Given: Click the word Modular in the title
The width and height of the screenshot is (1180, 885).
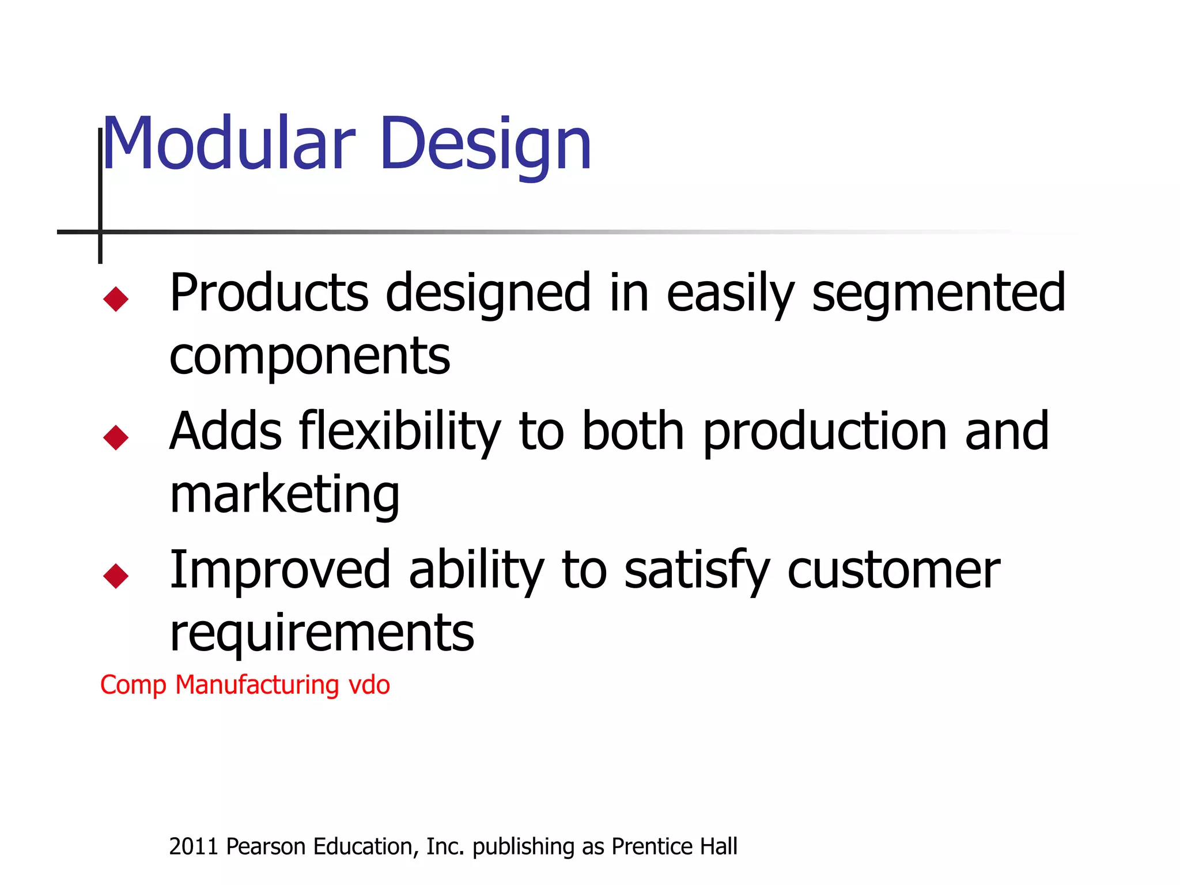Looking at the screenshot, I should (x=228, y=144).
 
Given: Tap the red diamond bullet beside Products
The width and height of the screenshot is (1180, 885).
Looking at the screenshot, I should (x=116, y=299).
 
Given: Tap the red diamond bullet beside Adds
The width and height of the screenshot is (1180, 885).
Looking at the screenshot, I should (x=116, y=437).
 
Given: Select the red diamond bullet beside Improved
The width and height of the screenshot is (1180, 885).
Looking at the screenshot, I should (x=116, y=576).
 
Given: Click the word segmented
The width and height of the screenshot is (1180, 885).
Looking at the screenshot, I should (x=939, y=294).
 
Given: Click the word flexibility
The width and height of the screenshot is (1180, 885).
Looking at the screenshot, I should (x=400, y=432).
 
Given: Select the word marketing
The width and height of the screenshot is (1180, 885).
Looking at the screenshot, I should (x=285, y=496).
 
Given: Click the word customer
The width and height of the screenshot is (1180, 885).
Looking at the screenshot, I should (x=894, y=570).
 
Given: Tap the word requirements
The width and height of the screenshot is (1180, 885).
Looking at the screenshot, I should (x=322, y=634).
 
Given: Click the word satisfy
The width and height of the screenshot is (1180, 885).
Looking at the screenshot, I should (x=697, y=570).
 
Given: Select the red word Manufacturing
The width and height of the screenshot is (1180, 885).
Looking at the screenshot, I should (x=257, y=685).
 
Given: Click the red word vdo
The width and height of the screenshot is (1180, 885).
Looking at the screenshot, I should (x=369, y=685).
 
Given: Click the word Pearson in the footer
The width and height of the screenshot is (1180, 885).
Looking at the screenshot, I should (x=266, y=846).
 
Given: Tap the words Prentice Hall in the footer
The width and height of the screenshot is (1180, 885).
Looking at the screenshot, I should (x=674, y=846).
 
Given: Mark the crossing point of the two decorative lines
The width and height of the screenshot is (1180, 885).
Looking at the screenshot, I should (x=100, y=232).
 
